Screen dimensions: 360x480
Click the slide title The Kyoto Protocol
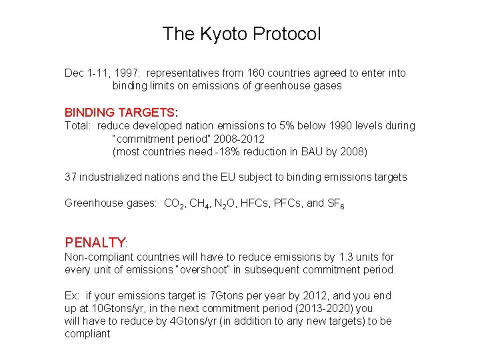click(241, 34)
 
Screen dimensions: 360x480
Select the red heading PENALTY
click(95, 242)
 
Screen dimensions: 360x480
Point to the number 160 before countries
click(249, 73)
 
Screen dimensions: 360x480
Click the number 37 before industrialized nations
click(71, 177)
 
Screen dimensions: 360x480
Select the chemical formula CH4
click(200, 203)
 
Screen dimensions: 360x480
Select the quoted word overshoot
click(217, 269)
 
